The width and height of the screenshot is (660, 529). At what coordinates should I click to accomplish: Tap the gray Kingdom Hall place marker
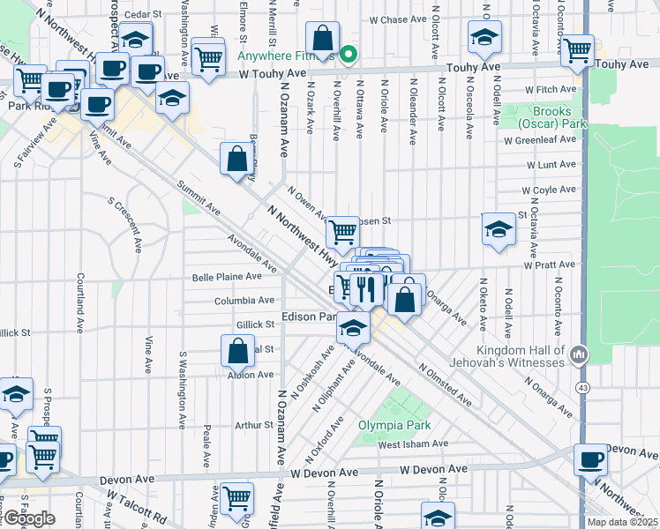click(578, 354)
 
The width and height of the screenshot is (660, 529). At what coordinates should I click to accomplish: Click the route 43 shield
click(583, 388)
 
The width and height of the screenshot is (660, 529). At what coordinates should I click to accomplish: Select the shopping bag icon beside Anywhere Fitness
click(323, 39)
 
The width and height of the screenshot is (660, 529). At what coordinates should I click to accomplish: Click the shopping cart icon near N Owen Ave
click(341, 233)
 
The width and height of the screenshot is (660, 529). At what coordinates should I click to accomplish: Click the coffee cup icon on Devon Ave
click(590, 459)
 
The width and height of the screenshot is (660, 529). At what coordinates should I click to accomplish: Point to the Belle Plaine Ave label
click(228, 276)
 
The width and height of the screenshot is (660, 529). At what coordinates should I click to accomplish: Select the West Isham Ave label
click(413, 443)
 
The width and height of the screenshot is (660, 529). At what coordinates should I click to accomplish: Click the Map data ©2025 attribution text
click(623, 522)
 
